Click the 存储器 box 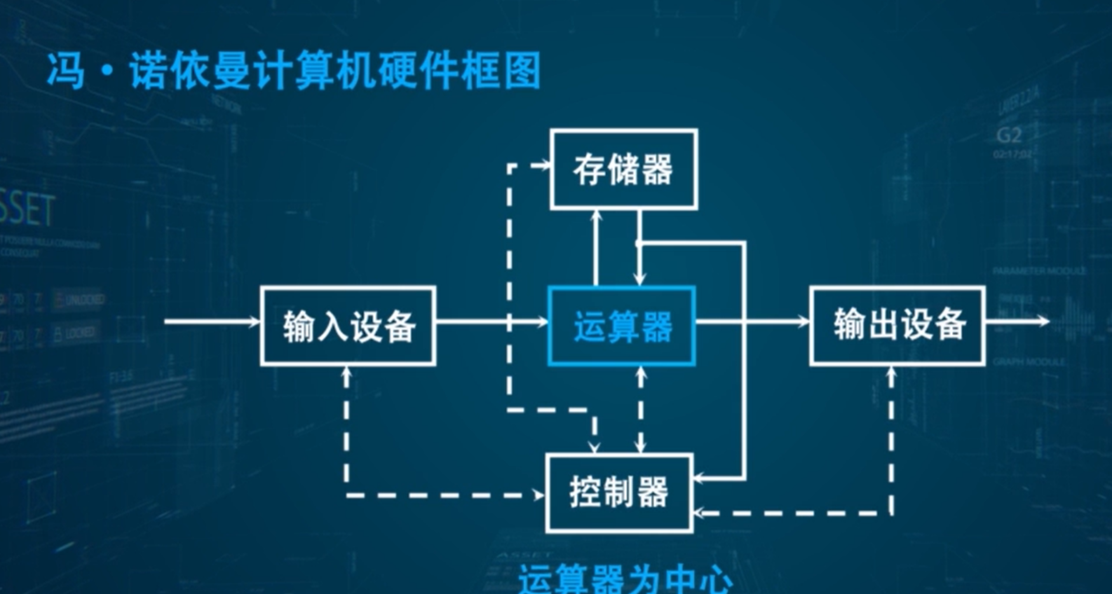pos(623,170)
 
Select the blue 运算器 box pos(622,326)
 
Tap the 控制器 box pos(619,492)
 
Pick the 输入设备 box pos(348,326)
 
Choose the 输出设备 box pos(897,326)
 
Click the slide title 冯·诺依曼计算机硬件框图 pos(294,71)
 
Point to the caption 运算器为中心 pos(625,579)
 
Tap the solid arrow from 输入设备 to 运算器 pos(491,322)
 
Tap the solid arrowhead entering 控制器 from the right pos(700,479)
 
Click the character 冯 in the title pos(67,71)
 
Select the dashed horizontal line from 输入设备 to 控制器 pos(445,495)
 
